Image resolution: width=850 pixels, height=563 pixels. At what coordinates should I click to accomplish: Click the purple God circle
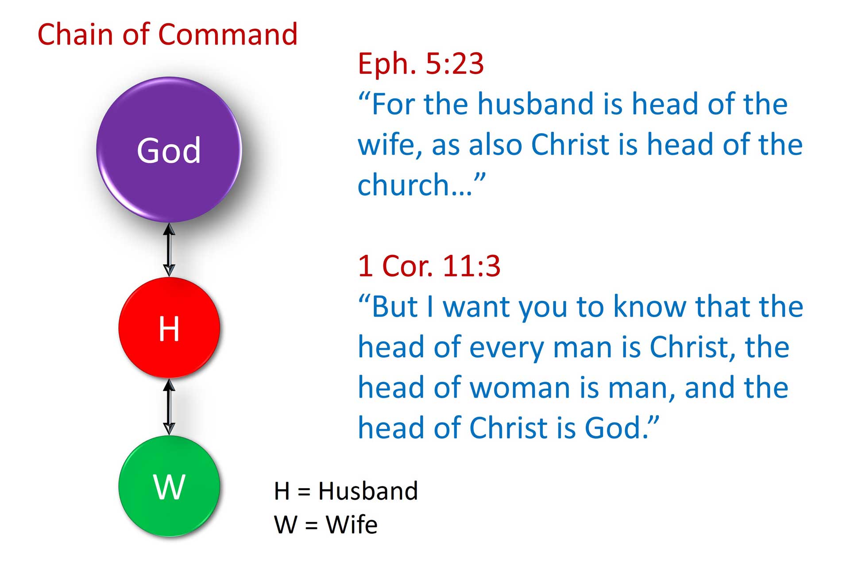[169, 149]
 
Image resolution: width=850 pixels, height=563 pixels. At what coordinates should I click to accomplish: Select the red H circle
[169, 328]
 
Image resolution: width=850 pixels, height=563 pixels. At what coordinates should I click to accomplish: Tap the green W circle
[169, 486]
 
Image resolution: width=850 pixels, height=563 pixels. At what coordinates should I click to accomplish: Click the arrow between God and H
[169, 250]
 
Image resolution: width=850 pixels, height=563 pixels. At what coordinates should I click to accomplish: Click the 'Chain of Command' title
[167, 34]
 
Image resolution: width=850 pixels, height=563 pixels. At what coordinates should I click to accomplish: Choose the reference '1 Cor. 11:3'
[429, 266]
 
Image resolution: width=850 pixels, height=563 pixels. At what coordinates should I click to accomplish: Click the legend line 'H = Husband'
[346, 491]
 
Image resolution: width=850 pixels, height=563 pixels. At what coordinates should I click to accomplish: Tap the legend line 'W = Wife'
[326, 525]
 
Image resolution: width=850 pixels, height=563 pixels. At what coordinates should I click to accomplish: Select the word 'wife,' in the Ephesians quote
[390, 145]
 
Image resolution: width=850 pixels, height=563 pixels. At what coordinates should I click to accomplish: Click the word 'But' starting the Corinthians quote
[394, 306]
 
